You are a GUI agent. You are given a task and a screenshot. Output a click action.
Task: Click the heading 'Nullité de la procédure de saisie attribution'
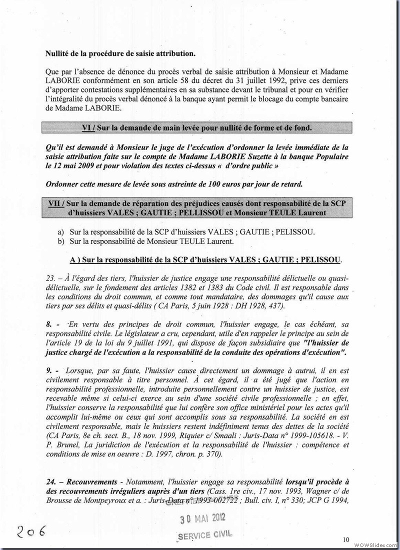[120, 53]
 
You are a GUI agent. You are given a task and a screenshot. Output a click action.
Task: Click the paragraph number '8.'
[49, 324]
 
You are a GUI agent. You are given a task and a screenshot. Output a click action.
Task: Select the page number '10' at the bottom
[346, 539]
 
